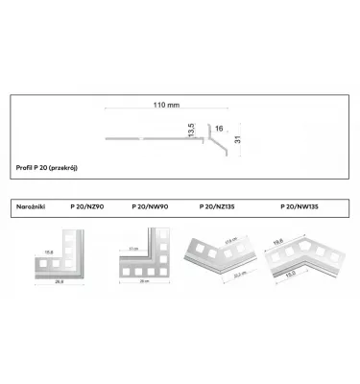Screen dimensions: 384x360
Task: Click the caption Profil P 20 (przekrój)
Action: click(48, 169)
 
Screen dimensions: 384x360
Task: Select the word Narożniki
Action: click(34, 206)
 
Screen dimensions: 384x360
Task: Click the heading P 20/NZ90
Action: click(88, 206)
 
